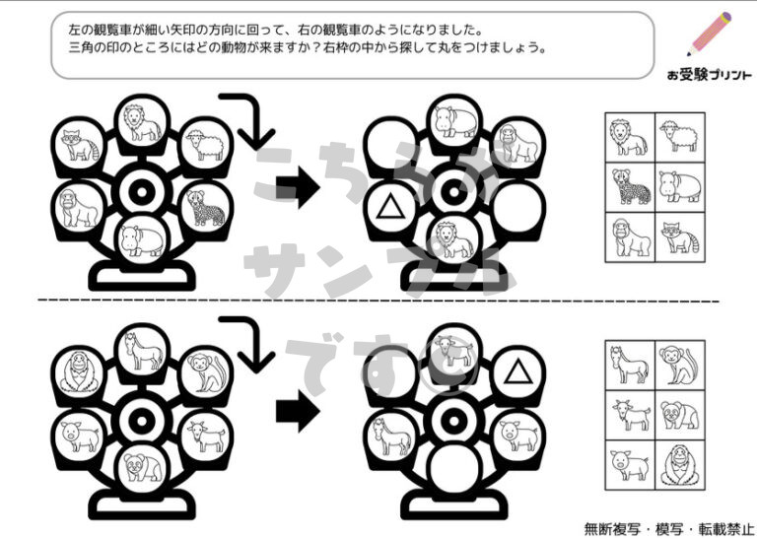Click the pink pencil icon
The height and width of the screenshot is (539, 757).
coord(710,34)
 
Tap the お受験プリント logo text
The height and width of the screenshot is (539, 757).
coord(710,75)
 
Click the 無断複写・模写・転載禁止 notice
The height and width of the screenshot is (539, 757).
coord(669,529)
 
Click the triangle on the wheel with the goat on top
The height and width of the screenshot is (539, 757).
coord(518,371)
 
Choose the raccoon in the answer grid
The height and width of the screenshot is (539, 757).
coord(680,237)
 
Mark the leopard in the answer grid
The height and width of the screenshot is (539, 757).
coord(631,187)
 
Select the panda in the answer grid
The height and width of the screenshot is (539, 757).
coord(680,415)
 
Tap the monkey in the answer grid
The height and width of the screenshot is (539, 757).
coord(678,365)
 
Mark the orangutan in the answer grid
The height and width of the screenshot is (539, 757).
coord(680,465)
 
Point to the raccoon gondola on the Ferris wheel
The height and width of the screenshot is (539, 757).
coord(79,143)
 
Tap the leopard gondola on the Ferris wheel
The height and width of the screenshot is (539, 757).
coord(206,209)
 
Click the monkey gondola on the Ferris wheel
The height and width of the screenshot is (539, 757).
coord(206,372)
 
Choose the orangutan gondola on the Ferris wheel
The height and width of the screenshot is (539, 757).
coord(79,372)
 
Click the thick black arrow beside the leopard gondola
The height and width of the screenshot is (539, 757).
coord(298,187)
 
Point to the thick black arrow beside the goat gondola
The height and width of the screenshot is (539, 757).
coord(298,411)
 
